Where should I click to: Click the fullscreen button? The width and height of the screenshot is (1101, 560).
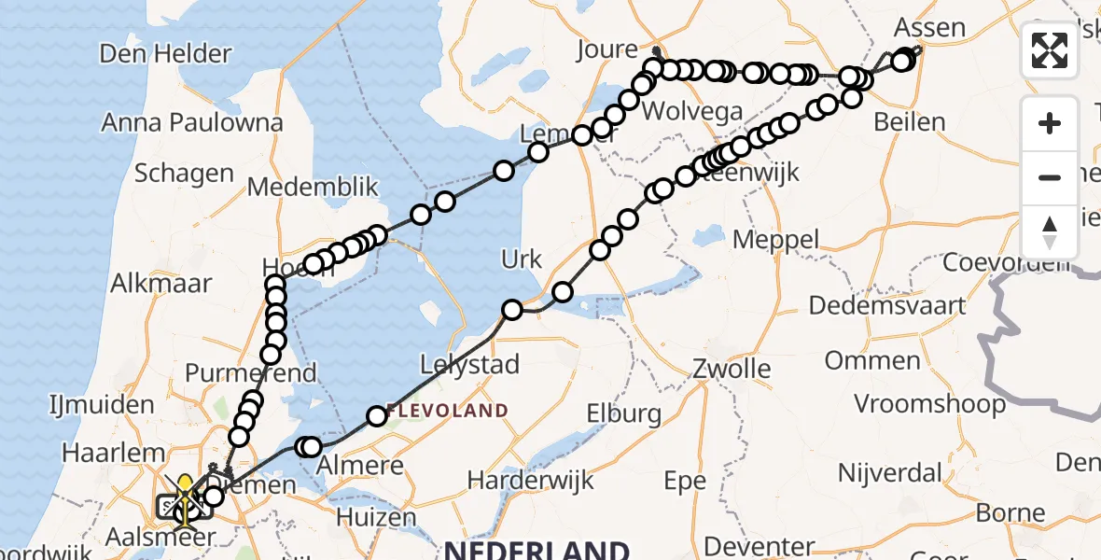(x=1050, y=50)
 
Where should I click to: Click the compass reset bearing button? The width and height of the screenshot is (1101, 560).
(x=1050, y=231)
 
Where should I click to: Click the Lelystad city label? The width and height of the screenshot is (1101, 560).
(x=469, y=365)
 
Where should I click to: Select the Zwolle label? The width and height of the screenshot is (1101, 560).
(x=731, y=369)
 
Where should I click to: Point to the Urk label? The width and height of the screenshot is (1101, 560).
(x=522, y=259)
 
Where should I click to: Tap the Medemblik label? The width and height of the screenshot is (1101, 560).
(x=313, y=187)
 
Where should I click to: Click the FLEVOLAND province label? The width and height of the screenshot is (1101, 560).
(x=448, y=411)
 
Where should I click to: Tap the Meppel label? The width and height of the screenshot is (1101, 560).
(x=775, y=239)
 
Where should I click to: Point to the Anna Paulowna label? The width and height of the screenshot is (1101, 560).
(x=192, y=122)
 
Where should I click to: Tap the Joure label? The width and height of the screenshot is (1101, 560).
(x=606, y=49)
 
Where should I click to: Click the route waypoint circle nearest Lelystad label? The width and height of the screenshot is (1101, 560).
(x=511, y=310)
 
